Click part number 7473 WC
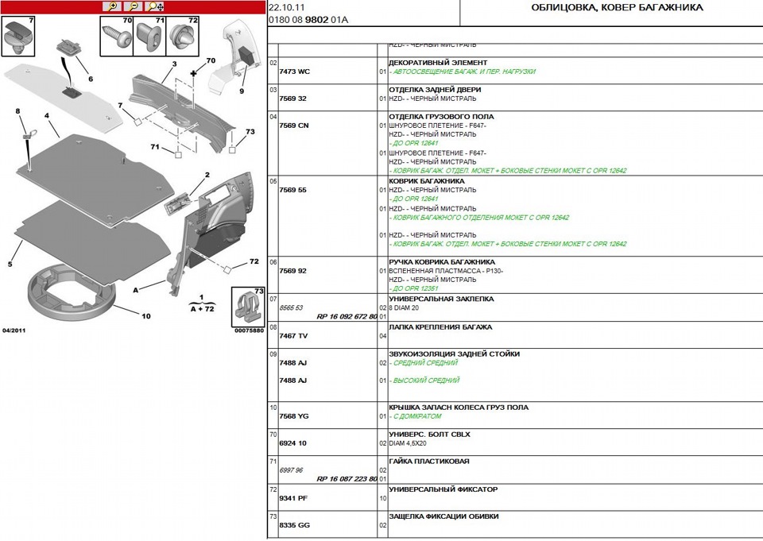(x=294, y=71)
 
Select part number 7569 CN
(x=293, y=126)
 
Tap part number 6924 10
(x=292, y=443)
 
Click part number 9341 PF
(x=293, y=498)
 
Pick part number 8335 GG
(x=293, y=525)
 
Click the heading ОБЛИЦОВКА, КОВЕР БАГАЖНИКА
(x=616, y=8)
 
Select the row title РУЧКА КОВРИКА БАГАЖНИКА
(x=441, y=261)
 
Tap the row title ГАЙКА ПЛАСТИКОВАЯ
(x=428, y=461)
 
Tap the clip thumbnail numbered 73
(x=249, y=307)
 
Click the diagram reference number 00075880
(x=248, y=330)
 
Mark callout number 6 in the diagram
(x=90, y=79)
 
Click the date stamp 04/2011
(x=14, y=330)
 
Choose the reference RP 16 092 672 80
(x=347, y=316)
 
